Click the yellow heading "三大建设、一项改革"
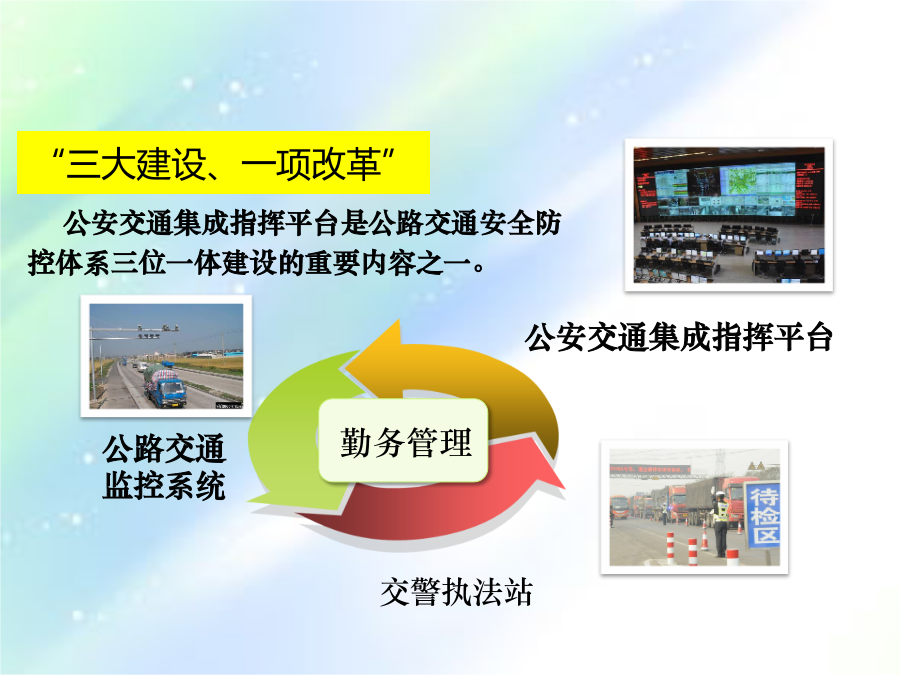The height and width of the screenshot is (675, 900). click(x=223, y=163)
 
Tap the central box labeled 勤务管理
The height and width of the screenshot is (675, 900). click(x=404, y=440)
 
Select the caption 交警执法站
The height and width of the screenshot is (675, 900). click(x=456, y=592)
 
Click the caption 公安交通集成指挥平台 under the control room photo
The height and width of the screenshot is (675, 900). click(x=678, y=337)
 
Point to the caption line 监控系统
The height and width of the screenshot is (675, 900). click(x=164, y=485)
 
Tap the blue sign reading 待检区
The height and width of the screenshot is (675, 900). click(x=763, y=514)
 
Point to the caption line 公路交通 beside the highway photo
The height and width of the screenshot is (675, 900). click(x=164, y=448)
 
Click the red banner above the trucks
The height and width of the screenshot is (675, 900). click(x=650, y=470)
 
